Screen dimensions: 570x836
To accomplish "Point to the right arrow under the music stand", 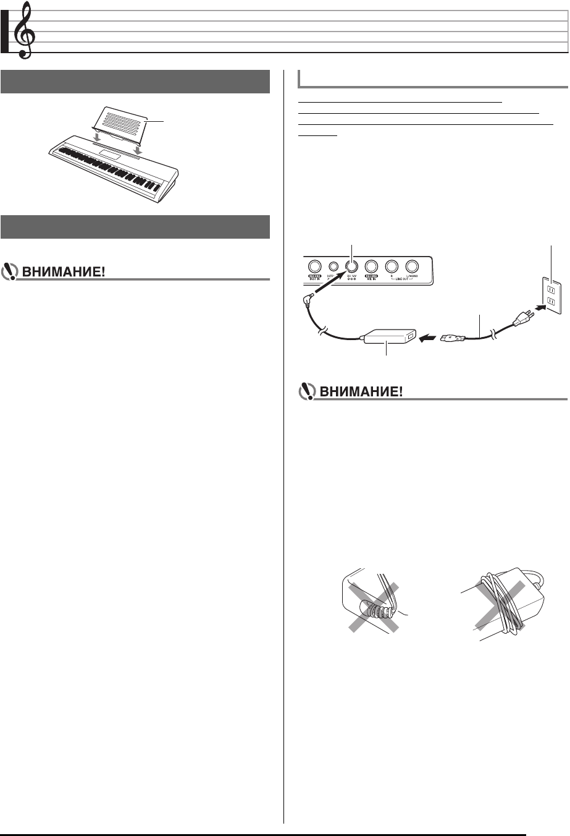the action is pos(140,149).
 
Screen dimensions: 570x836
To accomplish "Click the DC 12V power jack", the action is pos(352,266).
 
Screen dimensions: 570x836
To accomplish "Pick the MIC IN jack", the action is pos(372,266).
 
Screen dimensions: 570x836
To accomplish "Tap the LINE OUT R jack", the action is pos(392,266).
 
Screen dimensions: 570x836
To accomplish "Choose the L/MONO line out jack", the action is pos(412,266).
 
